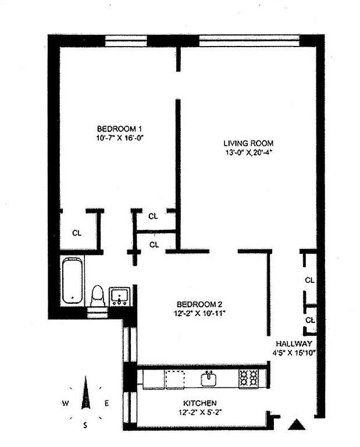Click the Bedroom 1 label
point(119,129)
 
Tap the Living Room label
point(248,143)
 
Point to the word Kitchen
point(200,403)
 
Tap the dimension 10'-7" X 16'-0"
point(120,138)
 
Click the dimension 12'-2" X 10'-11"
point(199,313)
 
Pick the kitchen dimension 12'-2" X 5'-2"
point(200,413)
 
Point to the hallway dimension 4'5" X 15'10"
point(294,353)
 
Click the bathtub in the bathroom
point(73,281)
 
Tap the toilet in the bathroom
point(98,295)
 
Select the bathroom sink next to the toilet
point(120,295)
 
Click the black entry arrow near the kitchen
point(297,425)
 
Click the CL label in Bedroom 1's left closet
point(77,232)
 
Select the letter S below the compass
point(85,425)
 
